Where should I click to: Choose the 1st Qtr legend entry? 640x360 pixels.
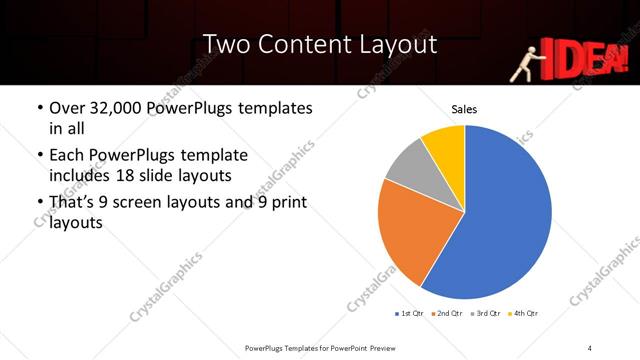click(412, 313)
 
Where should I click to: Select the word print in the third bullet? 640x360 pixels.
click(286, 204)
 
